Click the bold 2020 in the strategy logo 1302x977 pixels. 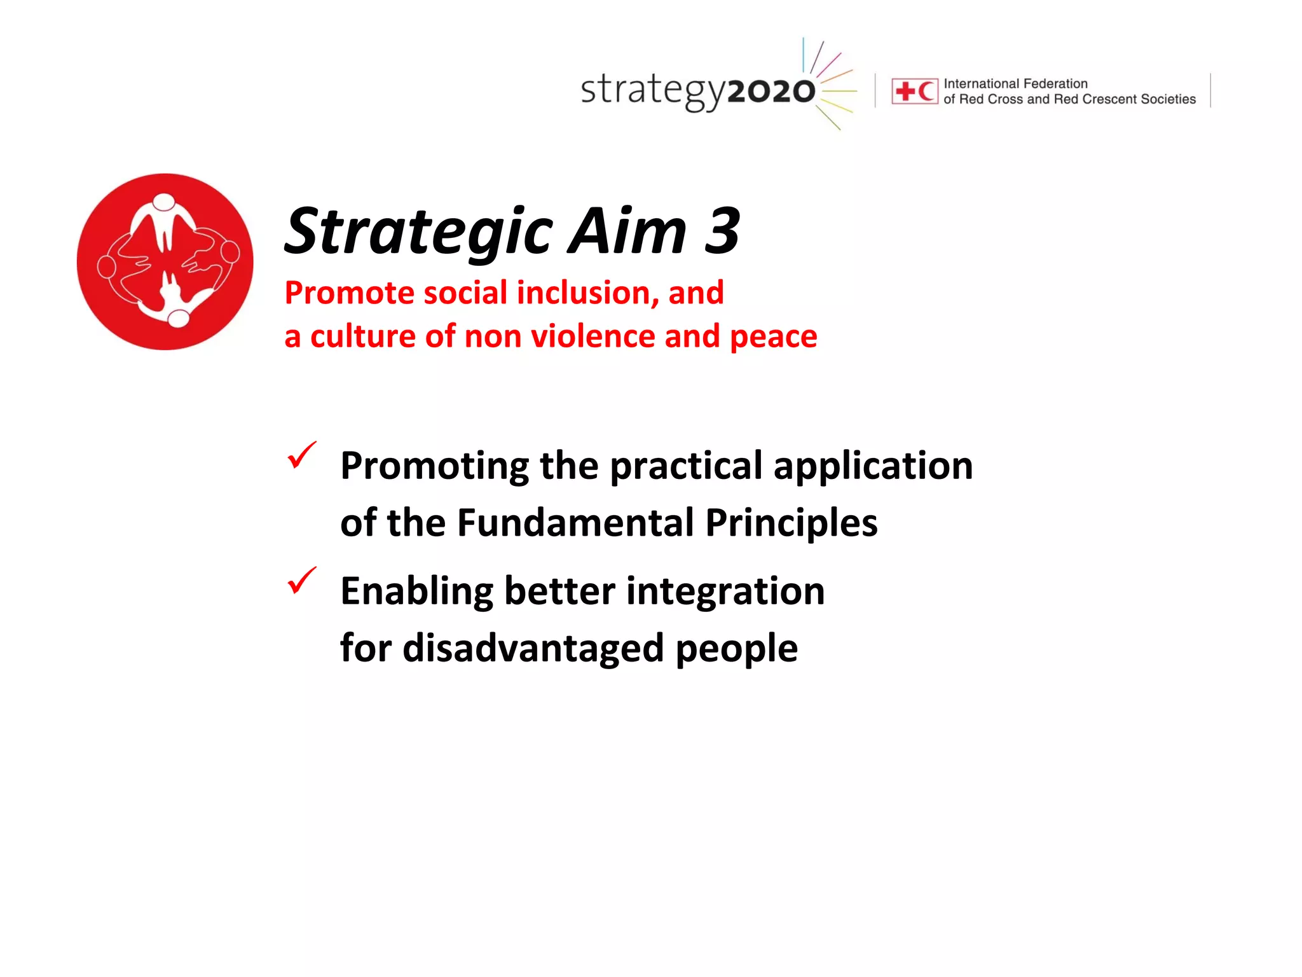click(771, 92)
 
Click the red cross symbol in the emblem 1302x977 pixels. click(905, 92)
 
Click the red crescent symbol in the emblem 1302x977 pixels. click(926, 92)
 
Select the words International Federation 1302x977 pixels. click(1015, 83)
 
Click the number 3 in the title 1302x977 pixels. click(722, 231)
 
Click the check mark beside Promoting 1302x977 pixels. click(301, 455)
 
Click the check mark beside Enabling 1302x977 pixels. click(301, 580)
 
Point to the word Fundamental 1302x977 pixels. click(576, 523)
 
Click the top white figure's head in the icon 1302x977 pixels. click(164, 202)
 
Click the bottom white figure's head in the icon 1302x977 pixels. click(179, 317)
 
